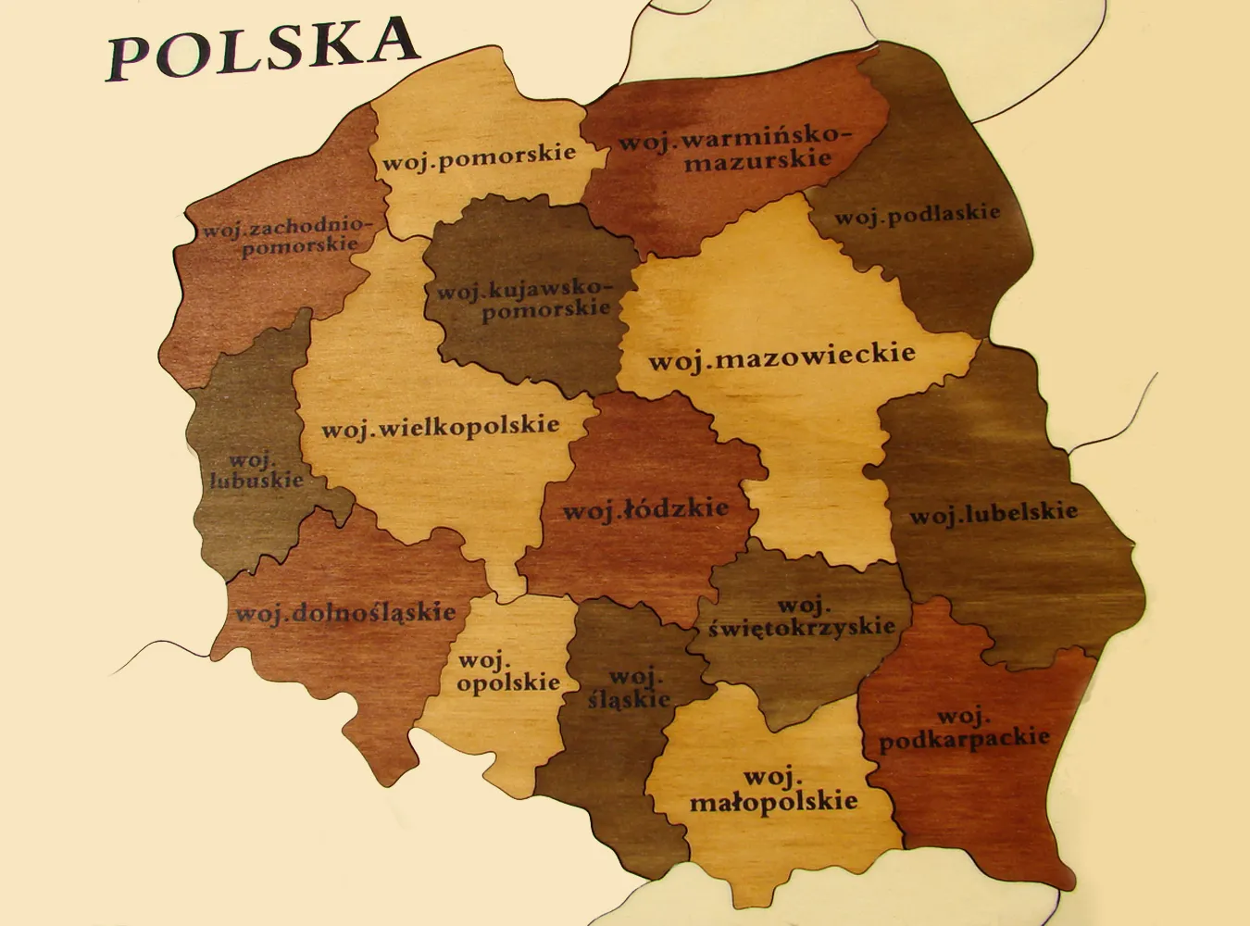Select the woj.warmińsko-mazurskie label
(732, 149)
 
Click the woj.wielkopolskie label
(440, 427)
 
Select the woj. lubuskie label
(249, 469)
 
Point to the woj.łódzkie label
(645, 508)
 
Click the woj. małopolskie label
(774, 789)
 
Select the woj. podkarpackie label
(963, 730)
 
